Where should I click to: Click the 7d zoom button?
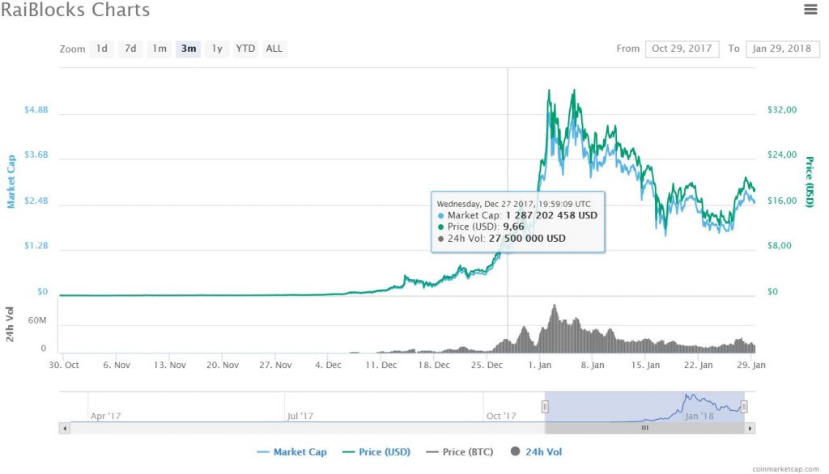tap(130, 49)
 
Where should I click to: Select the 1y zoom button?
tap(216, 49)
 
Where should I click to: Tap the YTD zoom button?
tap(245, 49)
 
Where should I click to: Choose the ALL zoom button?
tap(274, 49)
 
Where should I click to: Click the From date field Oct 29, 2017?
tap(682, 49)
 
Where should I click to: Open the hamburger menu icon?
tap(810, 10)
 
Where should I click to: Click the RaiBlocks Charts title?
tap(75, 11)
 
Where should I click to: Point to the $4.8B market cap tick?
tap(36, 109)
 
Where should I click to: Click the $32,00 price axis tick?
tap(782, 109)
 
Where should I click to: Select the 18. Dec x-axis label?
tap(436, 365)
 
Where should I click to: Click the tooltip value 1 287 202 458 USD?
tap(551, 216)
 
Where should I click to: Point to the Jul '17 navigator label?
tap(300, 416)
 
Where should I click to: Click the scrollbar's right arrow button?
tap(750, 428)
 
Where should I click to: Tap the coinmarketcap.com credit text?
tap(785, 468)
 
